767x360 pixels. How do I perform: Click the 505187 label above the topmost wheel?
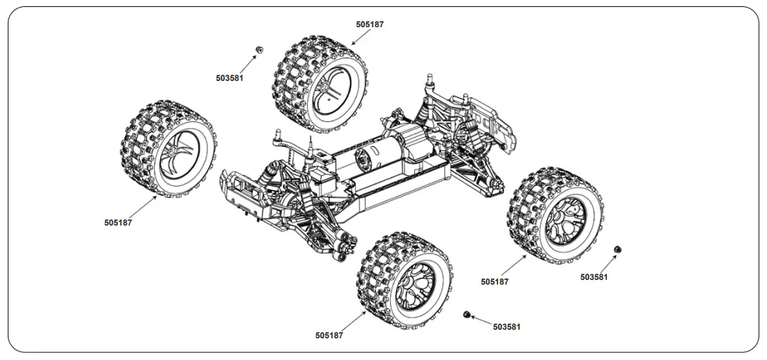tap(369, 24)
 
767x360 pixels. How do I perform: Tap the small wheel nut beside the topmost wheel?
tap(259, 49)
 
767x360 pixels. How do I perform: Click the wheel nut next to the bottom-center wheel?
tap(467, 314)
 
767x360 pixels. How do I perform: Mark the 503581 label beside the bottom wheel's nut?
tap(507, 327)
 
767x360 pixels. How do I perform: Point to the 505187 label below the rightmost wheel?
tap(495, 281)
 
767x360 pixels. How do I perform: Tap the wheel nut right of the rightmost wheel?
tap(618, 248)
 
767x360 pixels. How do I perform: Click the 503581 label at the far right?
tap(594, 277)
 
